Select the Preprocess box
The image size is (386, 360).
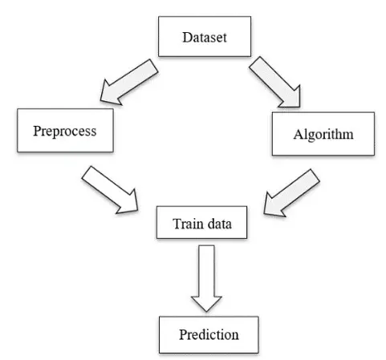(65, 131)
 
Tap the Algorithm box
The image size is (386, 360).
(323, 133)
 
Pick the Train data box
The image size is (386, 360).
(203, 224)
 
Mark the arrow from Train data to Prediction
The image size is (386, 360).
(207, 277)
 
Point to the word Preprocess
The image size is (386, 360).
(65, 131)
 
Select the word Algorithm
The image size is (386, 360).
(323, 133)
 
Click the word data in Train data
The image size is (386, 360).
(219, 224)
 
